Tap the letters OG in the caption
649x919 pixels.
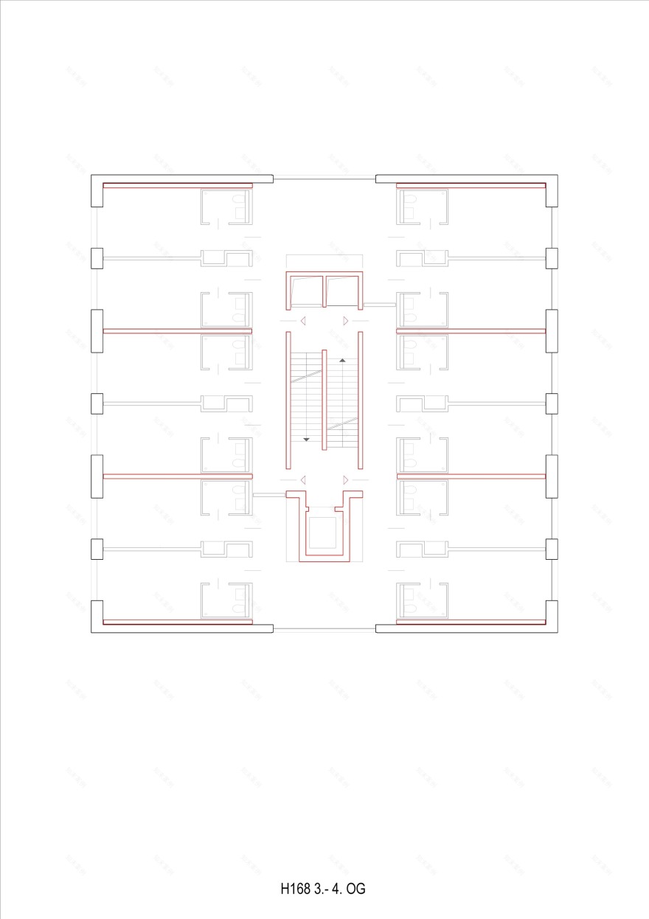(356, 889)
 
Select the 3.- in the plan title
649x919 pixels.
(322, 889)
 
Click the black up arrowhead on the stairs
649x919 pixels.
(342, 361)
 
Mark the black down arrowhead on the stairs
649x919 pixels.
(306, 440)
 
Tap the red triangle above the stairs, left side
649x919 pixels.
(302, 321)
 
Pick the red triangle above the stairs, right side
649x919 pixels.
(346, 321)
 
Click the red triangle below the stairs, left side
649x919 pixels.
(302, 479)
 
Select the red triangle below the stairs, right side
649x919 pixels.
(346, 479)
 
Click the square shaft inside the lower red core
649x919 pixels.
(322, 532)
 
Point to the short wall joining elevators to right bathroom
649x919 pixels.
(380, 304)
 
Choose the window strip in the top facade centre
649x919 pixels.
(324, 178)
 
